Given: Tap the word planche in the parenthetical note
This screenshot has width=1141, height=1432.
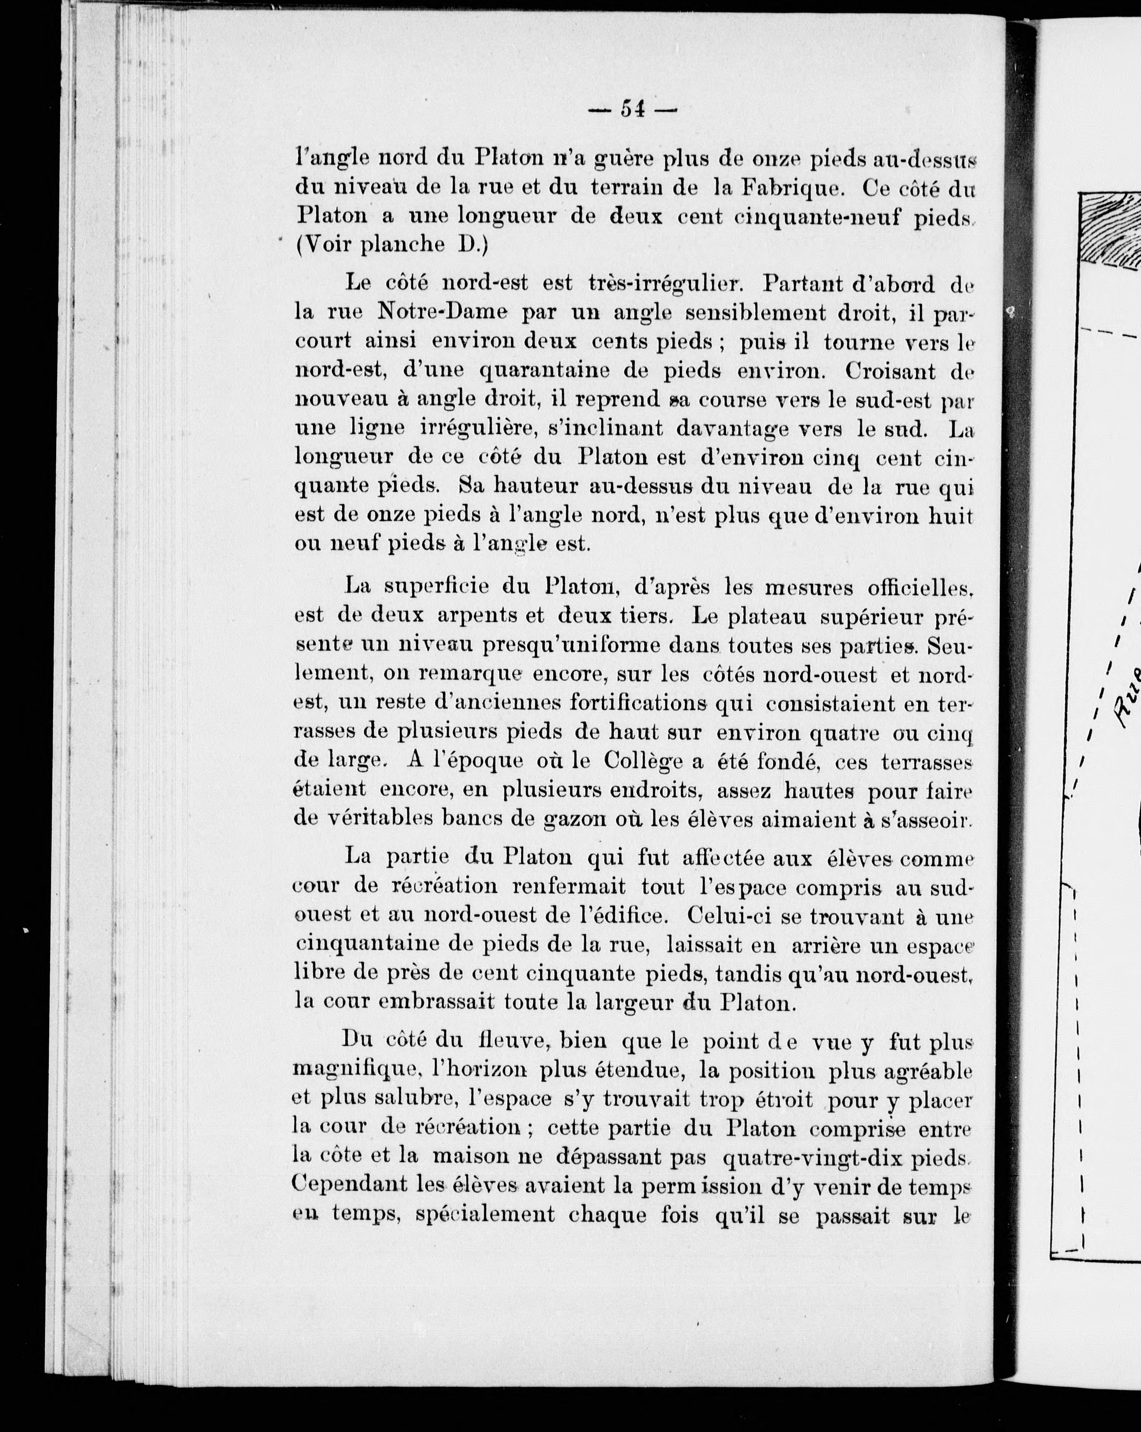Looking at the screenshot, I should coord(402,245).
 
